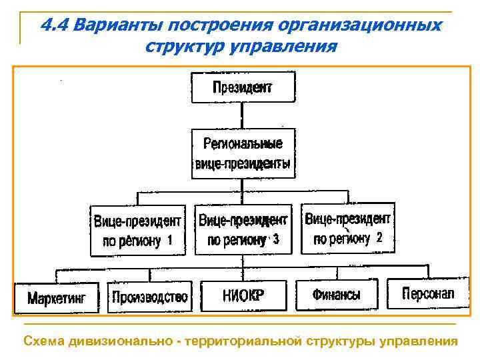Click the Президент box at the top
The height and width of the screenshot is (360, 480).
click(x=243, y=87)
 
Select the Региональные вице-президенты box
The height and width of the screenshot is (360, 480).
click(x=243, y=153)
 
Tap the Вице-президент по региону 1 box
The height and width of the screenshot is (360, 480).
click(x=137, y=230)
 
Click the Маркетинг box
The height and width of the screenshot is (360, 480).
click(x=57, y=297)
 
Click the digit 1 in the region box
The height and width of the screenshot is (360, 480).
click(x=171, y=239)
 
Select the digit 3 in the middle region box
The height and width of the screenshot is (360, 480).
click(x=276, y=239)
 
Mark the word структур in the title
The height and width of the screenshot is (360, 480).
click(x=183, y=47)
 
